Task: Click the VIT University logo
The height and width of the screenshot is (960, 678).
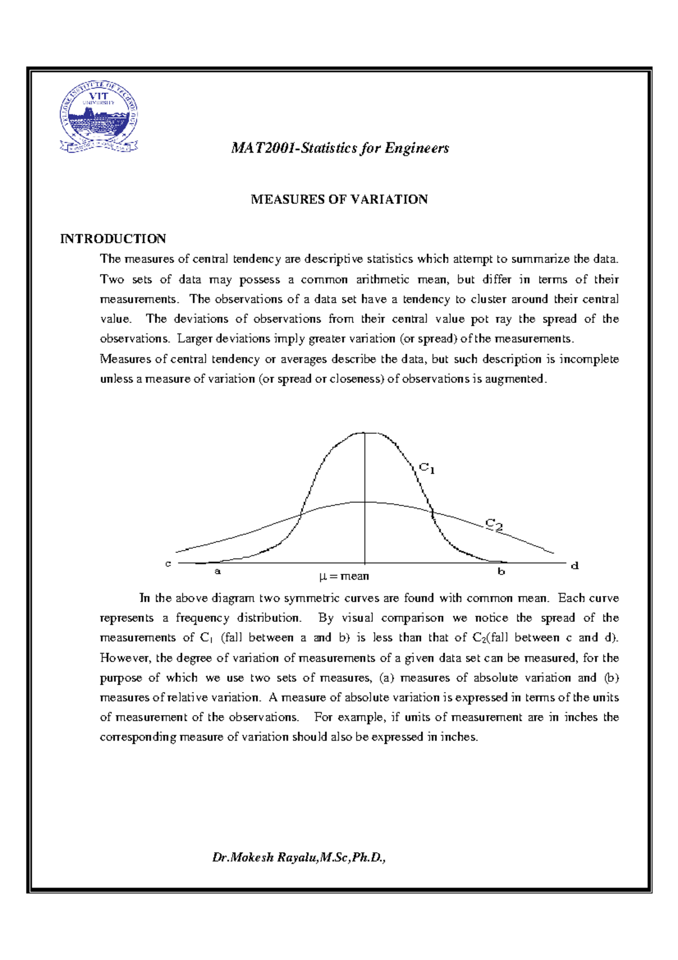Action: tap(99, 118)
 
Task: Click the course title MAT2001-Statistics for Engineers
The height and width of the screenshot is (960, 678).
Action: tap(340, 148)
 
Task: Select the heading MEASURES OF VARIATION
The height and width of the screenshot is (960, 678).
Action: tap(339, 200)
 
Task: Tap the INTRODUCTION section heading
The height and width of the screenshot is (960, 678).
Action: tap(113, 239)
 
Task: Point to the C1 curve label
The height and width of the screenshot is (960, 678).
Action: tap(427, 468)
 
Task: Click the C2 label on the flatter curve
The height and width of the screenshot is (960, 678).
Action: tap(494, 525)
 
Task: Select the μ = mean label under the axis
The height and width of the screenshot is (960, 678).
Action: tap(344, 576)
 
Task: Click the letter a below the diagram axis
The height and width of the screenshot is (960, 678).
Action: tap(218, 571)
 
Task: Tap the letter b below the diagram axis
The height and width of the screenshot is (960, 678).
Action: tap(501, 571)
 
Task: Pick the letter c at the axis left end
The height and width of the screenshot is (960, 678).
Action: tap(168, 564)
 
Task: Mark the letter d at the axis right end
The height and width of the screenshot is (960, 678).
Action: tap(575, 565)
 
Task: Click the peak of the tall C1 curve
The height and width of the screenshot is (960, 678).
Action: tap(364, 433)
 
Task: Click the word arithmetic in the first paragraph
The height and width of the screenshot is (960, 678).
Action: tap(383, 279)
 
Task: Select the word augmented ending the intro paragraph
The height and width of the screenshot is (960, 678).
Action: tap(515, 379)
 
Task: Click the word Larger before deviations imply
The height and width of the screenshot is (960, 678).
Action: tap(195, 339)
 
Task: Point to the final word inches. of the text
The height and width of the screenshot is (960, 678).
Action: tap(458, 737)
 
